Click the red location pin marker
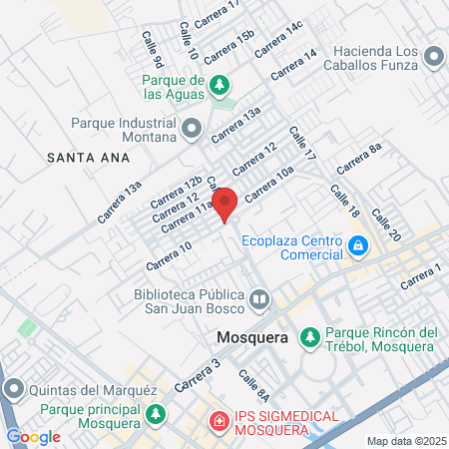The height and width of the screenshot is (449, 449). pos(225,203)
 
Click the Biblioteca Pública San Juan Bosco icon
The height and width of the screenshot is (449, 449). pos(259,298)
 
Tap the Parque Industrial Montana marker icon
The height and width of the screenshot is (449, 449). pos(193,128)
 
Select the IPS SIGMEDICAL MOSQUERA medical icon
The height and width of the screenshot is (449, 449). pos(217,422)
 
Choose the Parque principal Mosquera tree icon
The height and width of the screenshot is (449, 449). pos(155,413)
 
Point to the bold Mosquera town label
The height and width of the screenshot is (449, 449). pos(252,338)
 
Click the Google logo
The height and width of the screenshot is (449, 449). pos(33,436)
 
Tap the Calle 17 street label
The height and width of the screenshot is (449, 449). pos(301,145)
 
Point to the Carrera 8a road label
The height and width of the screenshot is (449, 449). pos(359,159)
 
